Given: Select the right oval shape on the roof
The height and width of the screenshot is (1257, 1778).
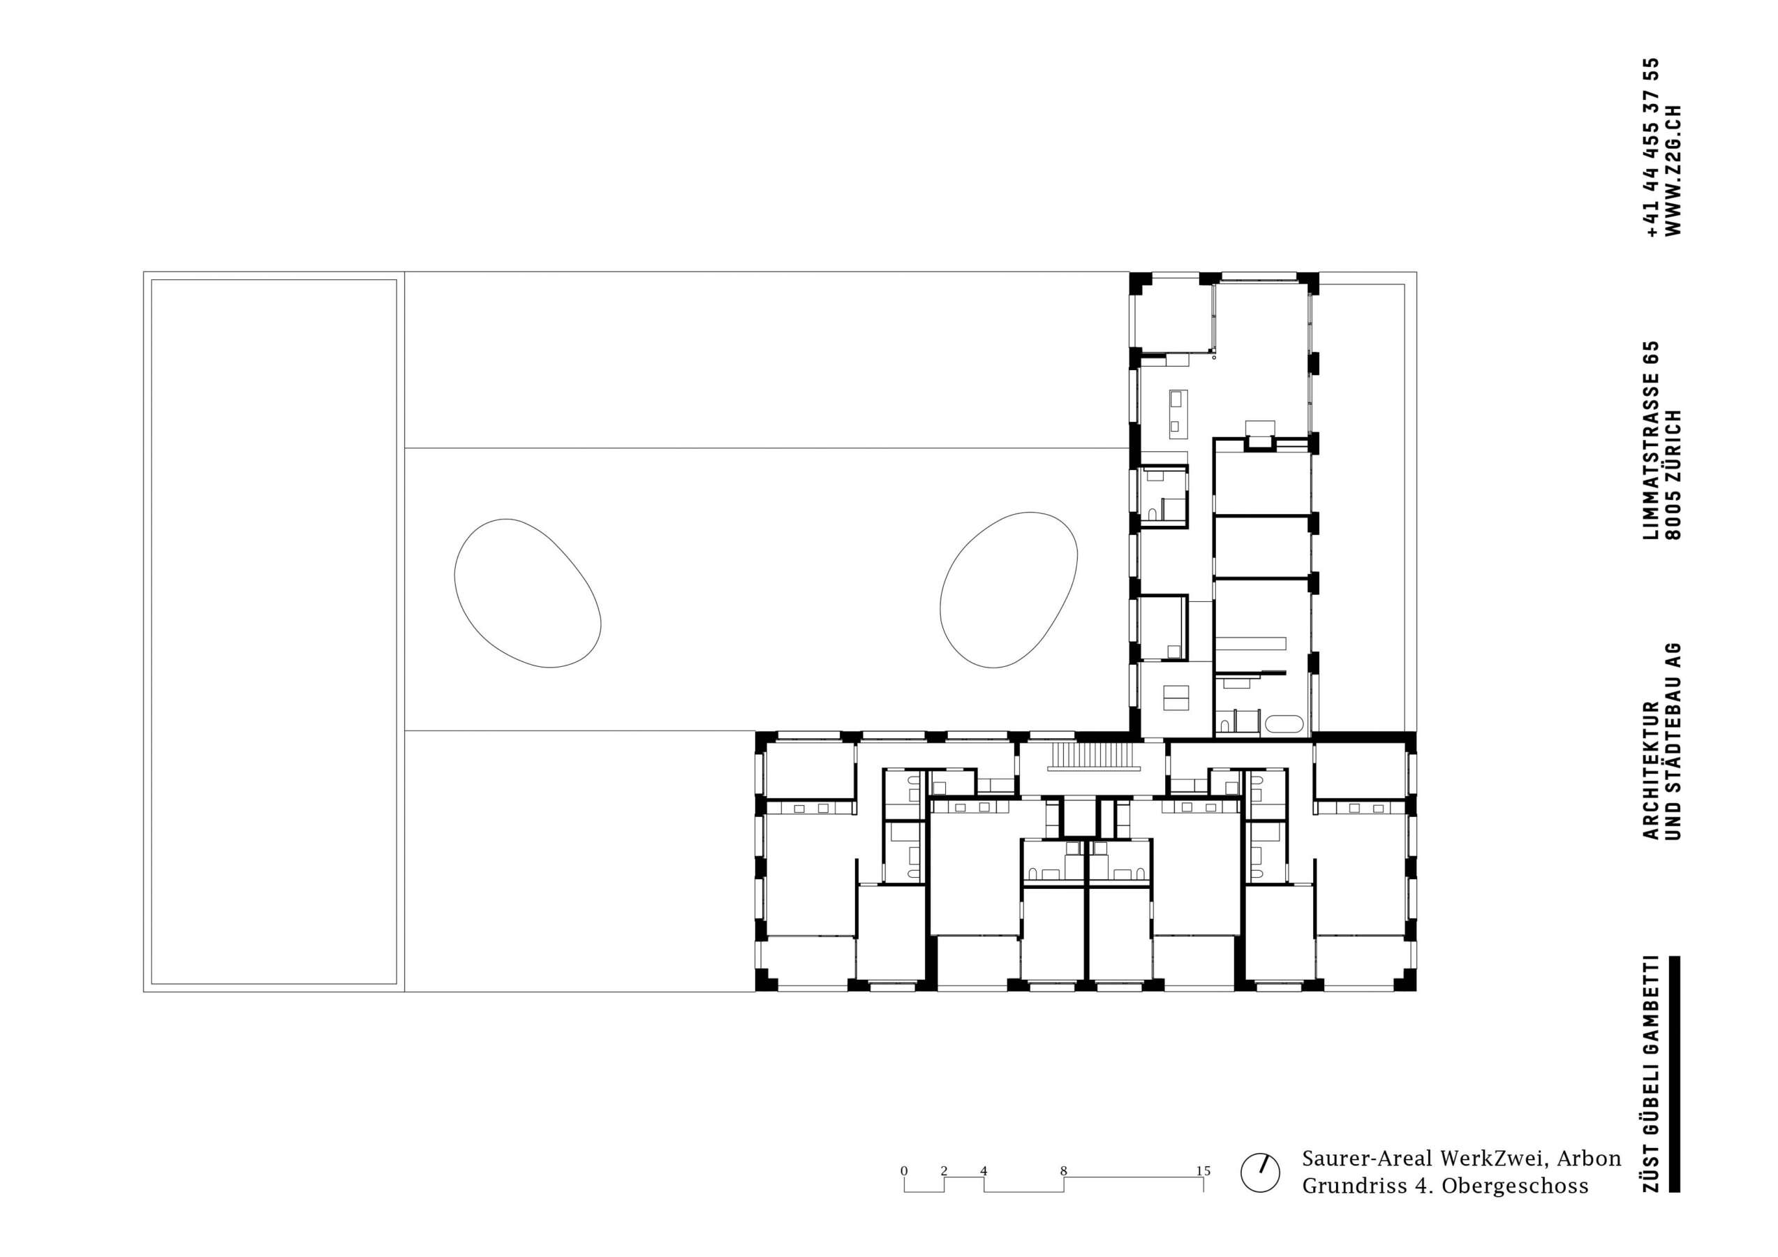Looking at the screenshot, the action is click(x=1008, y=590).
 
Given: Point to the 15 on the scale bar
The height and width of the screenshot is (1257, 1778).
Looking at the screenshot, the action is click(x=1203, y=1171).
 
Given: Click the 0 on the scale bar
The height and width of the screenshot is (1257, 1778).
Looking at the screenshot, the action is click(x=904, y=1171).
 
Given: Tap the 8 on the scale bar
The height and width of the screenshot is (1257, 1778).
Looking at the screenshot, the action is click(x=1063, y=1171).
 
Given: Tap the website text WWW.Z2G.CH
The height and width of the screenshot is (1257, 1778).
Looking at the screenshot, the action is click(x=1673, y=170).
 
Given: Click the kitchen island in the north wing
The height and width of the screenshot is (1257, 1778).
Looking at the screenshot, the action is click(x=1177, y=411).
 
